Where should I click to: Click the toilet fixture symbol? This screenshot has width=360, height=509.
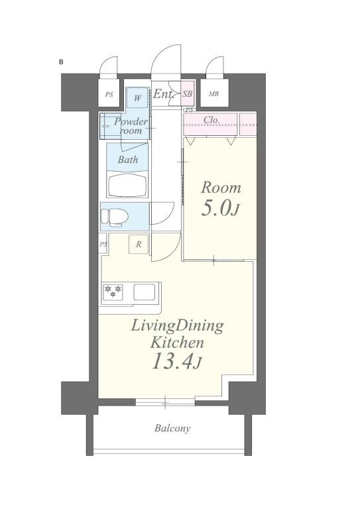point(113,217)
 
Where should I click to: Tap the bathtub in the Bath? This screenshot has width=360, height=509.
point(128,186)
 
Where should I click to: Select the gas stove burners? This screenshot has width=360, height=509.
point(113,292)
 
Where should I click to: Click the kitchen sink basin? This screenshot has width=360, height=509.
point(144,292)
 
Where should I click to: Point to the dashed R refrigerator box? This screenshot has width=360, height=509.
point(139,244)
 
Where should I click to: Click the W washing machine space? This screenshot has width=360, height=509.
point(138,97)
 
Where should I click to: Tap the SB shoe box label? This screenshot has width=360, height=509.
point(188,94)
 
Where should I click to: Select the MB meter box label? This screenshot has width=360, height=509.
point(213,94)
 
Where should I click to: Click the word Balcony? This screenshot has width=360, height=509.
point(172,429)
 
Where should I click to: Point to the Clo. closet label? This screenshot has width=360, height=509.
point(211,120)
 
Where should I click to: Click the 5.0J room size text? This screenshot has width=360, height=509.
point(220,208)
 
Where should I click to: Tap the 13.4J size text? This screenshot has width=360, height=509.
point(177,362)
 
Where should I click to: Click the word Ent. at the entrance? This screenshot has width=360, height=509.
point(163,94)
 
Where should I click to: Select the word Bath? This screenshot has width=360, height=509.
point(128,159)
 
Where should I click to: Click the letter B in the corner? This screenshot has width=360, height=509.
point(61,62)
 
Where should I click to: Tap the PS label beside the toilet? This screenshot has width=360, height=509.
point(103,244)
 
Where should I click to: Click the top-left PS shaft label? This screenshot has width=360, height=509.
point(109,95)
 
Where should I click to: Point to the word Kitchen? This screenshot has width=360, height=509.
point(177,343)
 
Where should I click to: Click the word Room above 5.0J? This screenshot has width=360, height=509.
point(221,188)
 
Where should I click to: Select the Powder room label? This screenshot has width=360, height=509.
point(131,126)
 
